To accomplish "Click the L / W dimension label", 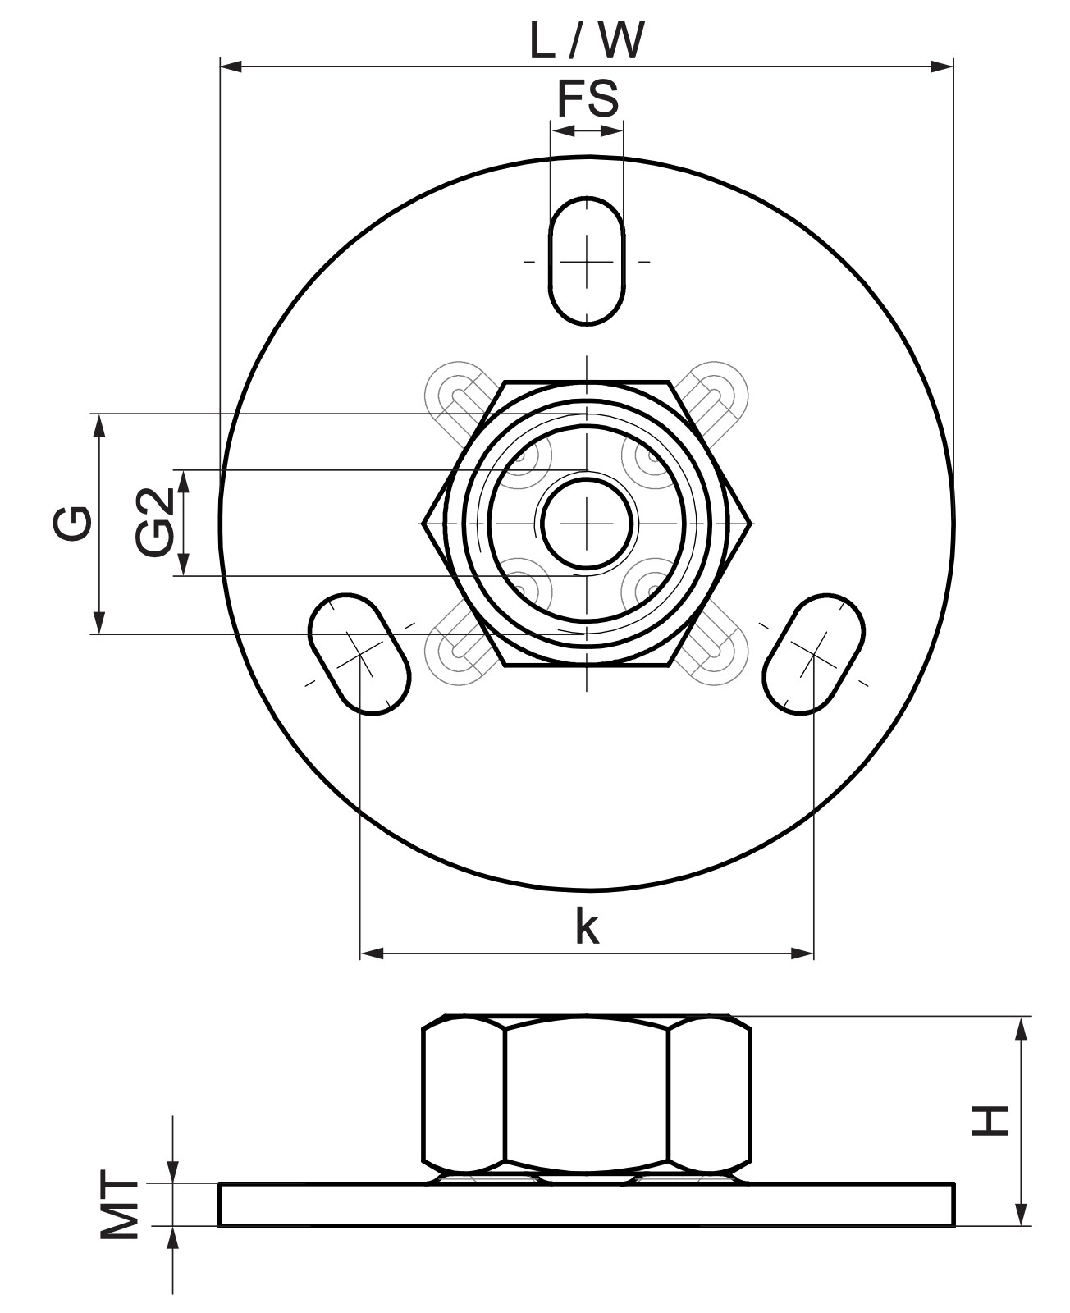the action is (x=587, y=41).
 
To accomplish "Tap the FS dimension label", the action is (x=588, y=98).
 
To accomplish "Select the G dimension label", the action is (x=72, y=523).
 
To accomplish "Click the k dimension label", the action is (x=588, y=926).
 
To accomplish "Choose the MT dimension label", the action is (x=119, y=1200).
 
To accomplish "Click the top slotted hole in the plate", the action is (x=587, y=261).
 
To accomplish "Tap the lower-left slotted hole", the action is (x=359, y=655).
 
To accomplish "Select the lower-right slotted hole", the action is (x=814, y=655).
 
